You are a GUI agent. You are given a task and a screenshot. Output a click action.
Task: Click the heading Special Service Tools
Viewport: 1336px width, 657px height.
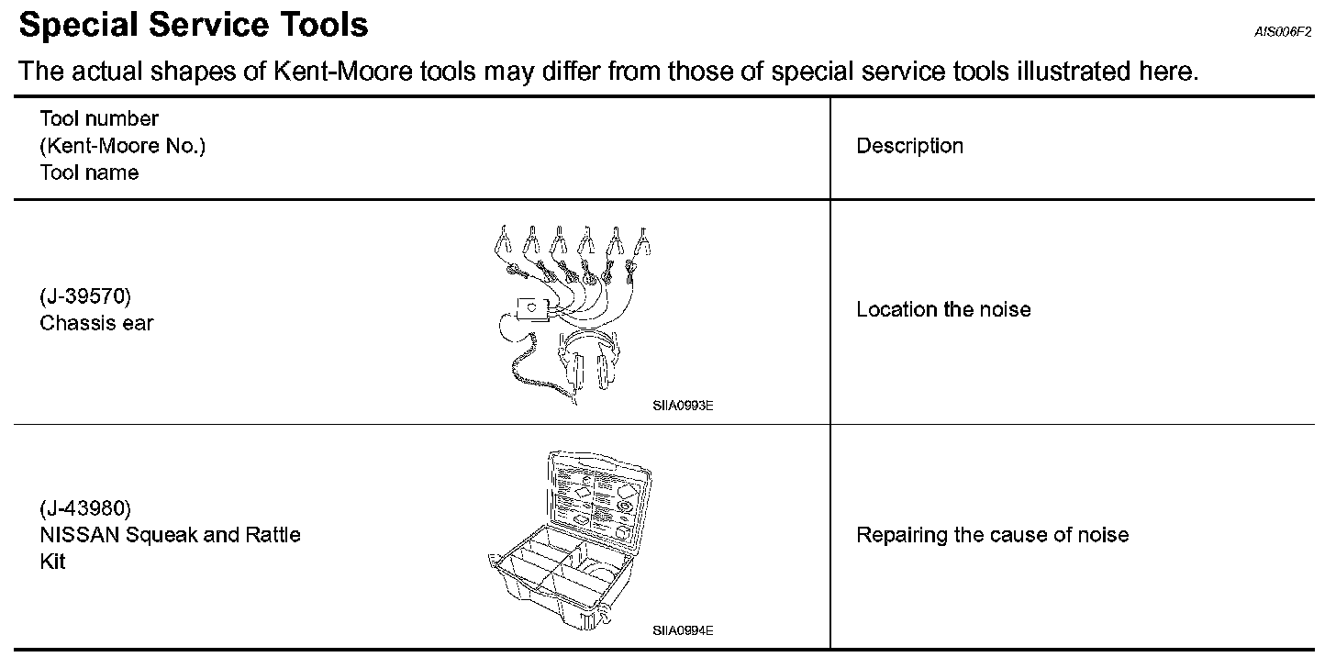(x=194, y=25)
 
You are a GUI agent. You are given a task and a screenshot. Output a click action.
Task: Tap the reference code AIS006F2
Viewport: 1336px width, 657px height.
(x=1283, y=32)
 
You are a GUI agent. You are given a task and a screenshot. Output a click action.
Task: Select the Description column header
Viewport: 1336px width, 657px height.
(x=909, y=146)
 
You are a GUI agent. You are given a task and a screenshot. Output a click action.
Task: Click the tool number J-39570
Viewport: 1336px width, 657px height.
(x=86, y=296)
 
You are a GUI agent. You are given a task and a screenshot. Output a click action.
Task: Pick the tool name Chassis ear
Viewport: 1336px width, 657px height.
(x=96, y=323)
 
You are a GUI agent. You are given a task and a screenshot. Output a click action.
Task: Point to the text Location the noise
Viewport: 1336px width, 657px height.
(x=943, y=310)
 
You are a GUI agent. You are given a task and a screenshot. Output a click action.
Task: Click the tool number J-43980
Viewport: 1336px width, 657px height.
(x=86, y=507)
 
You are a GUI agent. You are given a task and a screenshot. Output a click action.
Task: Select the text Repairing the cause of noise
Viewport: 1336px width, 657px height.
(x=992, y=535)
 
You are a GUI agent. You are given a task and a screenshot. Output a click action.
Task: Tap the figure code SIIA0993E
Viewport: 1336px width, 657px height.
(x=683, y=405)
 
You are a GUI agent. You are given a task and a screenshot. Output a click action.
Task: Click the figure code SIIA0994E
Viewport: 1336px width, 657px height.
(x=683, y=630)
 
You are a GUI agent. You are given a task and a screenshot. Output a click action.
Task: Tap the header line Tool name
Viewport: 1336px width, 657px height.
(x=89, y=173)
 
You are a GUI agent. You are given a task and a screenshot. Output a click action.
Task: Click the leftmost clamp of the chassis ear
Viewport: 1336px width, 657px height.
(x=502, y=243)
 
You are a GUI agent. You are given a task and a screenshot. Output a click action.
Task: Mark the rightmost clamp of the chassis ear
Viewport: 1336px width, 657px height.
(x=643, y=241)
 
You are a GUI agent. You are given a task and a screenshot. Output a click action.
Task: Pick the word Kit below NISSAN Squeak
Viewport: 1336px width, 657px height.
(x=52, y=562)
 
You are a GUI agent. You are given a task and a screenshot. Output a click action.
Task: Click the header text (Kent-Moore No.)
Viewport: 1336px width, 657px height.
(x=122, y=146)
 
